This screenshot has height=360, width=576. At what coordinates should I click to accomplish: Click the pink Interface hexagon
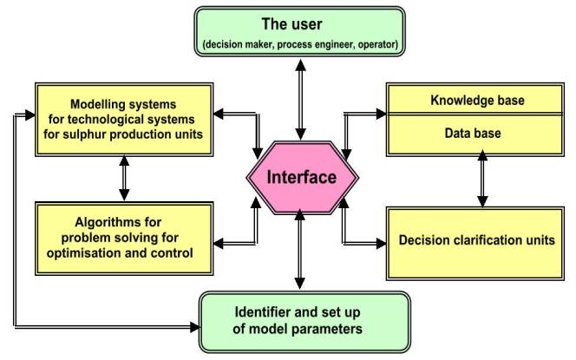300,177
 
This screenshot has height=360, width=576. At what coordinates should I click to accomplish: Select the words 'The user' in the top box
300,23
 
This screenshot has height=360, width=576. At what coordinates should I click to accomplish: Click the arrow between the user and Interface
300,101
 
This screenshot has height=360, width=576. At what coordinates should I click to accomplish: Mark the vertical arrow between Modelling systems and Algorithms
123,178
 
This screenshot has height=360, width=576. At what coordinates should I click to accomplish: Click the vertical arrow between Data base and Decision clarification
482,181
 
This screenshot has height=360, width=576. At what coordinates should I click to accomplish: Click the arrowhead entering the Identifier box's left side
195,328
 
